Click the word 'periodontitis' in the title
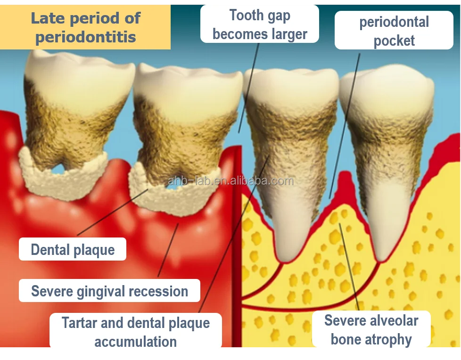pyautogui.click(x=86, y=37)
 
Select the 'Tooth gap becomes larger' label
pyautogui.click(x=260, y=24)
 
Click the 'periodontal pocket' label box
pyautogui.click(x=394, y=31)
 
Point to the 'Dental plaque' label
pyautogui.click(x=73, y=249)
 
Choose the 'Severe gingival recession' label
pyautogui.click(x=109, y=291)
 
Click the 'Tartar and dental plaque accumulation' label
pyautogui.click(x=136, y=332)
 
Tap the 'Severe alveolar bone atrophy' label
pyautogui.click(x=371, y=330)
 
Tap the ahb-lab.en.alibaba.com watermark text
pyautogui.click(x=231, y=181)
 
